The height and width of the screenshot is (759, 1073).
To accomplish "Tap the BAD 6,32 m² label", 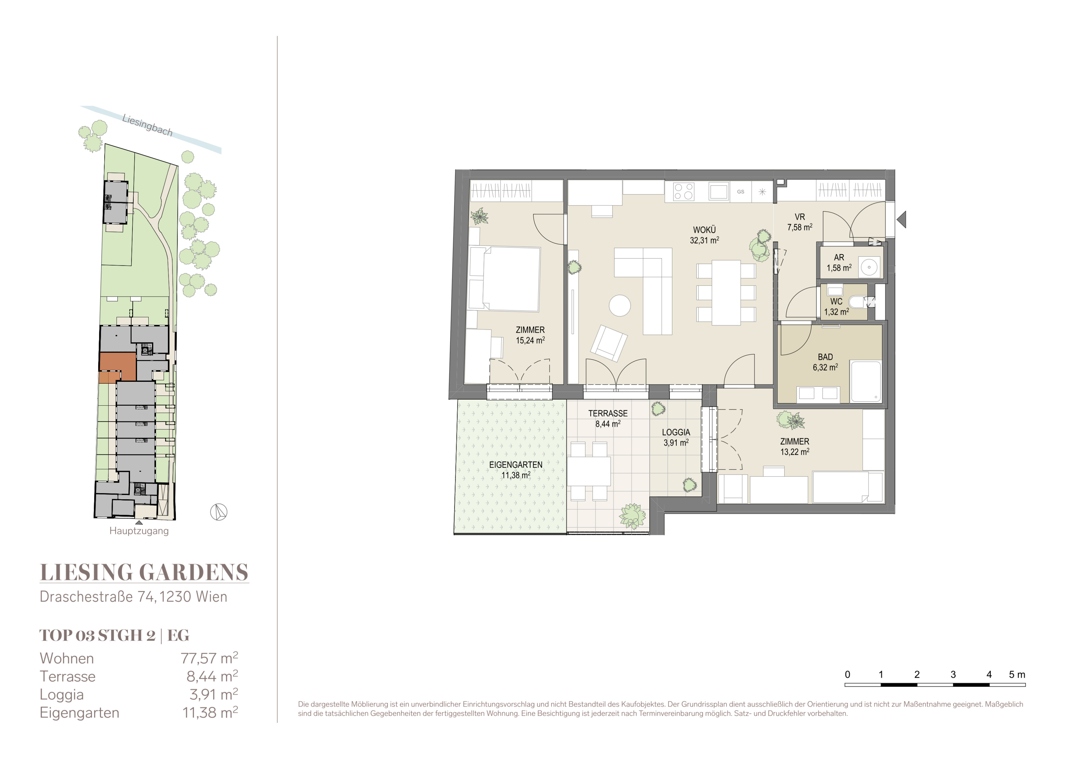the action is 825,362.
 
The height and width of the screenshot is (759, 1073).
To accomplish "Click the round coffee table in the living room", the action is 620,306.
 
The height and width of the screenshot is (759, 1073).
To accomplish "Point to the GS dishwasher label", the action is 741,192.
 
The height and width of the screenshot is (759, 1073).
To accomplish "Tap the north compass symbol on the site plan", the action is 218,512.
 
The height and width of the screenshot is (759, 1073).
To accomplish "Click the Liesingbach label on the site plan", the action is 147,125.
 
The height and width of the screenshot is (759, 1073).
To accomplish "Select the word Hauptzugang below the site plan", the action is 139,531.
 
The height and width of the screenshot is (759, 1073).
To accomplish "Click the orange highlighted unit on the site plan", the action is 117,367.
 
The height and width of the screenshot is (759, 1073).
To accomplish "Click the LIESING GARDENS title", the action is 144,572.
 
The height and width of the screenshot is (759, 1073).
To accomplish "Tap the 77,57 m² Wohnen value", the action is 209,658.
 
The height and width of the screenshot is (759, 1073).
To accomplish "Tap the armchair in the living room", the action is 609,343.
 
